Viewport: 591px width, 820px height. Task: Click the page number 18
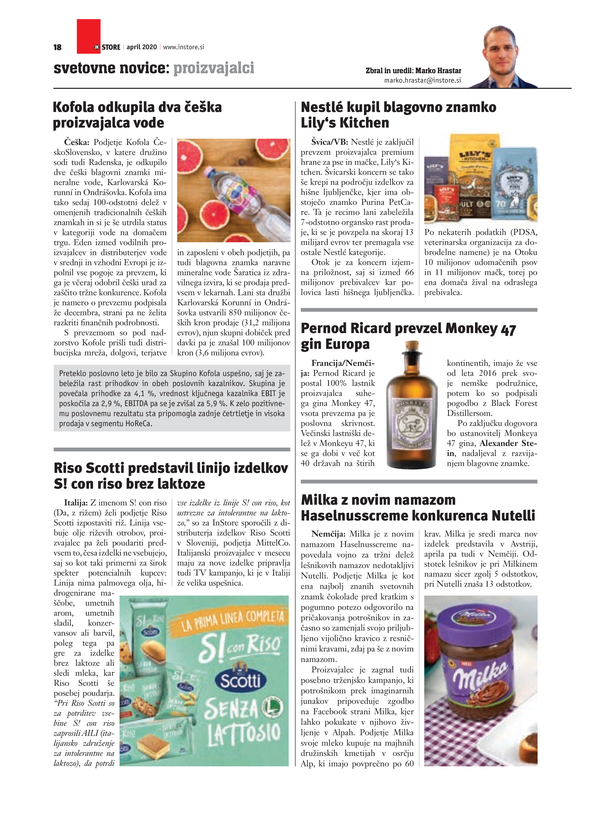coord(57,47)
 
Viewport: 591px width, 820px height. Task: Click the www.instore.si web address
coord(184,47)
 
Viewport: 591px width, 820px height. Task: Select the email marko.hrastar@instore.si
coord(422,80)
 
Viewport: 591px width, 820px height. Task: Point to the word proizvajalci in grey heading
coord(214,68)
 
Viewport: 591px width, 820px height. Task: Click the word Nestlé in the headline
coord(322,107)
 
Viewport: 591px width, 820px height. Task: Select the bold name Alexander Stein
coord(508,443)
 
